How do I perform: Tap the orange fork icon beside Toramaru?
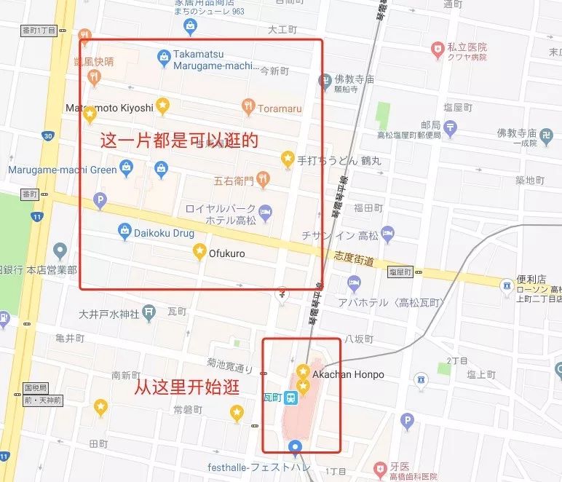249,107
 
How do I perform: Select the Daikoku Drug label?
165,233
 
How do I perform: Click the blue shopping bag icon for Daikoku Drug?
124,232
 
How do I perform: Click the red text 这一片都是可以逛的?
183,140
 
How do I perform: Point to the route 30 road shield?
47,136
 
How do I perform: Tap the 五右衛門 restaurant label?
233,181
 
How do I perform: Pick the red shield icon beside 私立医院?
438,50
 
